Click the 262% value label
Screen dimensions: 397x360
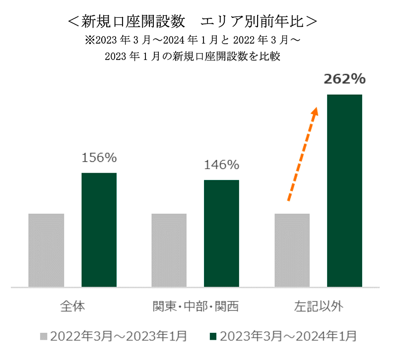(x=344, y=79)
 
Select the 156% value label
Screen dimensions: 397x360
(x=99, y=158)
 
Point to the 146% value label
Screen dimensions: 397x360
(x=221, y=165)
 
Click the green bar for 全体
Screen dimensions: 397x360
(x=99, y=230)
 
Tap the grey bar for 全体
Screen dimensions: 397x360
(x=46, y=250)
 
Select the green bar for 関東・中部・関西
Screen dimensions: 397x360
(x=221, y=234)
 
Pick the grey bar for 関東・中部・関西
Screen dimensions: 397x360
(x=169, y=250)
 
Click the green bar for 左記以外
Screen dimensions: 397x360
(x=344, y=191)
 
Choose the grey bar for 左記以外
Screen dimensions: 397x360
(x=292, y=250)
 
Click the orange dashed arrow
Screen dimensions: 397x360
(x=303, y=154)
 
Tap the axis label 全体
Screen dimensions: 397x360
(x=72, y=306)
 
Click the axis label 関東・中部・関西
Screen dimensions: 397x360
(x=196, y=306)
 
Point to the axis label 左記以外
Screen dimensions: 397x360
(x=319, y=306)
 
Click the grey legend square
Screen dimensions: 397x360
(x=44, y=337)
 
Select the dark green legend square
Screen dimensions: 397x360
(x=213, y=337)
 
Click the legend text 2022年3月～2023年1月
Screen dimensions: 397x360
(x=119, y=337)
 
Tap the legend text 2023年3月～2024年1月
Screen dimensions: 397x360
(x=288, y=337)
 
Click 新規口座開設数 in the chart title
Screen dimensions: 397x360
(x=133, y=21)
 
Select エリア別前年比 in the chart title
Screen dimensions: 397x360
(x=252, y=21)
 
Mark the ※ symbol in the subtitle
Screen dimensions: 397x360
(x=90, y=40)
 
